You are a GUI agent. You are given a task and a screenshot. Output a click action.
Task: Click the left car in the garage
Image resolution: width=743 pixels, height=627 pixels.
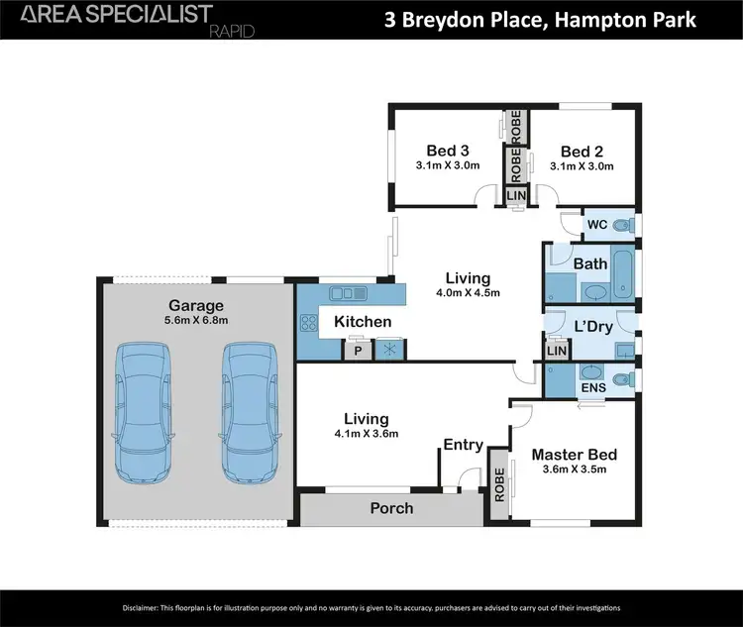pyautogui.click(x=145, y=412)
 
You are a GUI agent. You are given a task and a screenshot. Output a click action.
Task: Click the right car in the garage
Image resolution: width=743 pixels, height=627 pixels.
pyautogui.click(x=248, y=412)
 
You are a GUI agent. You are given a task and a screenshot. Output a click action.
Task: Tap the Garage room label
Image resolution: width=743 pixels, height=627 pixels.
pyautogui.click(x=195, y=305)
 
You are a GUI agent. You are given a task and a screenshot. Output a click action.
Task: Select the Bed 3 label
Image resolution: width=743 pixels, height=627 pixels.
pyautogui.click(x=447, y=151)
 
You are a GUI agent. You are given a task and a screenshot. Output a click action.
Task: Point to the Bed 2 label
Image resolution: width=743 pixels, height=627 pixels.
pyautogui.click(x=582, y=151)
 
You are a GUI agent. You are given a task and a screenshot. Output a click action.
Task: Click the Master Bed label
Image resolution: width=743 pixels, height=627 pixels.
pyautogui.click(x=574, y=455)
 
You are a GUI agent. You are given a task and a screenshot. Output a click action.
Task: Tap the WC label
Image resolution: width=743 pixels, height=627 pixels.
pyautogui.click(x=596, y=225)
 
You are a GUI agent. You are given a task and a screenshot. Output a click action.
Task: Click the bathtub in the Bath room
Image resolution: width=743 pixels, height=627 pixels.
pyautogui.click(x=624, y=274)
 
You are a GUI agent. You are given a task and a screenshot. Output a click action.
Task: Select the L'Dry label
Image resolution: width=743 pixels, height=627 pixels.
pyautogui.click(x=592, y=326)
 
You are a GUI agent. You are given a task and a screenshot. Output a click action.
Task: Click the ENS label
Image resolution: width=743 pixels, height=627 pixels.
pyautogui.click(x=593, y=388)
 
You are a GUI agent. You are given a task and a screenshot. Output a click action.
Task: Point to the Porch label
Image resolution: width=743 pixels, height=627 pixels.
pyautogui.click(x=391, y=508)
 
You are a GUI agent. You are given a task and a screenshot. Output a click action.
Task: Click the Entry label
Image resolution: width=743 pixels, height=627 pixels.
pyautogui.click(x=463, y=445)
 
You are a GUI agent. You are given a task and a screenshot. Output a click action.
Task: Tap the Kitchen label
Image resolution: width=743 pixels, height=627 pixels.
pyautogui.click(x=362, y=322)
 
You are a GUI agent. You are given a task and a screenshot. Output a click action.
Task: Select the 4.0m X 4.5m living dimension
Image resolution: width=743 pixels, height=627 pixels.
pyautogui.click(x=467, y=292)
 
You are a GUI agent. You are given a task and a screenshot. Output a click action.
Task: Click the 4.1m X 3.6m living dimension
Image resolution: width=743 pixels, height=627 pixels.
pyautogui.click(x=366, y=434)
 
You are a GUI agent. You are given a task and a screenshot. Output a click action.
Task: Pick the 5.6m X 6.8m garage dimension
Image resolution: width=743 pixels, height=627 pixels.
pyautogui.click(x=195, y=320)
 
